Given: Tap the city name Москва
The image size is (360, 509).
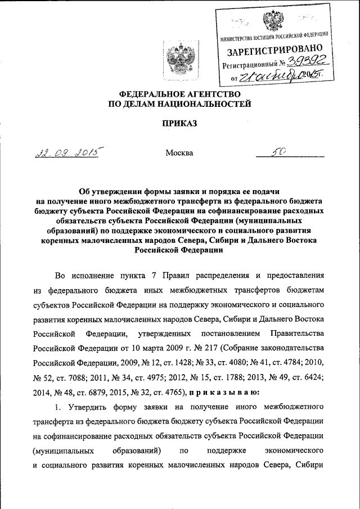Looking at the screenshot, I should coord(179,152).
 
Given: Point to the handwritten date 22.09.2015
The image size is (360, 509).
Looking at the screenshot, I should coord(66,154).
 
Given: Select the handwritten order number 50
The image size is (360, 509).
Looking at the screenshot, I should coord(282,152).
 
